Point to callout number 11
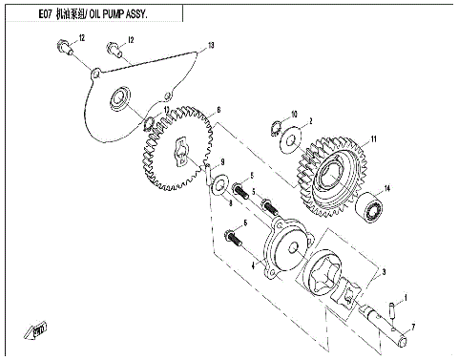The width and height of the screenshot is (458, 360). click(x=373, y=140)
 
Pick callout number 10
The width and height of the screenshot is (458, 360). click(x=294, y=114)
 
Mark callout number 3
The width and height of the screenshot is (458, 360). click(x=383, y=272)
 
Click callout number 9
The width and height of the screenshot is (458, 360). click(x=221, y=161)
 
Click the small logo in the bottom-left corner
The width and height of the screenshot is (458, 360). click(x=39, y=329)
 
